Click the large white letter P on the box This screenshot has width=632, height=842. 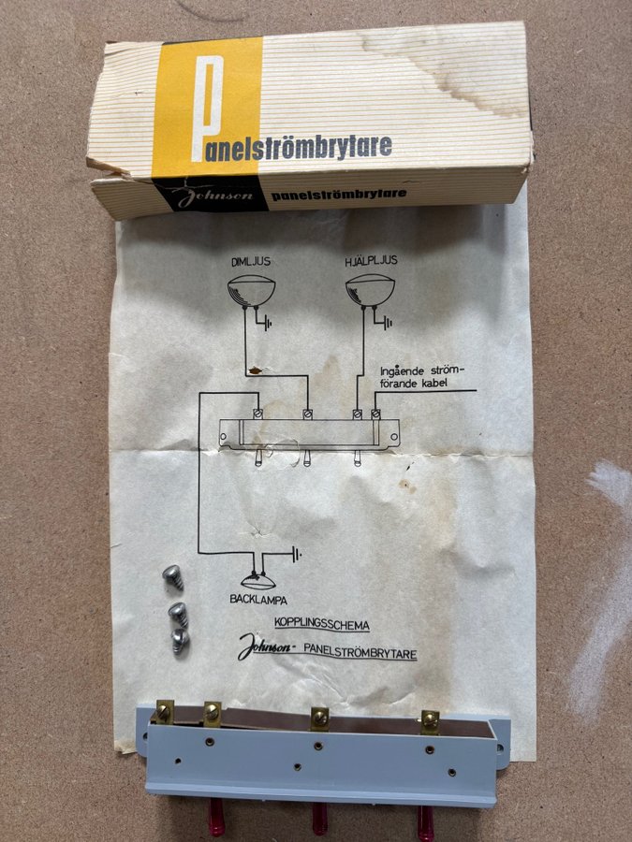tap(207, 108)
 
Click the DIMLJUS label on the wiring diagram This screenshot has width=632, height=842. tap(251, 262)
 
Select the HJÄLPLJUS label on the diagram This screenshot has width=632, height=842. tap(372, 261)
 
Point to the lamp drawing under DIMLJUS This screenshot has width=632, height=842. tap(251, 291)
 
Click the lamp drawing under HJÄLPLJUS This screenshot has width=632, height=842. tap(370, 290)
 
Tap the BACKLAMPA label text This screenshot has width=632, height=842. tap(258, 600)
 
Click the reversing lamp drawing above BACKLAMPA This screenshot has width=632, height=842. tap(258, 582)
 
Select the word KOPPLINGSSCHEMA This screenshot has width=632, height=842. tap(322, 625)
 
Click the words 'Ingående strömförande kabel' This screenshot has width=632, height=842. tap(422, 377)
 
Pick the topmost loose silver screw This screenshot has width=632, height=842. tap(173, 576)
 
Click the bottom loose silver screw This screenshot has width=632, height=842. tap(180, 641)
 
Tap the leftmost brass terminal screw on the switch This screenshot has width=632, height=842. tap(163, 712)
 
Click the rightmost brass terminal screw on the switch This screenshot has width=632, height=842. tap(430, 719)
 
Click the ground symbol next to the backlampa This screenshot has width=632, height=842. tap(296, 554)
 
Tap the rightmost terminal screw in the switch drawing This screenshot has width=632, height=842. tap(375, 414)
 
